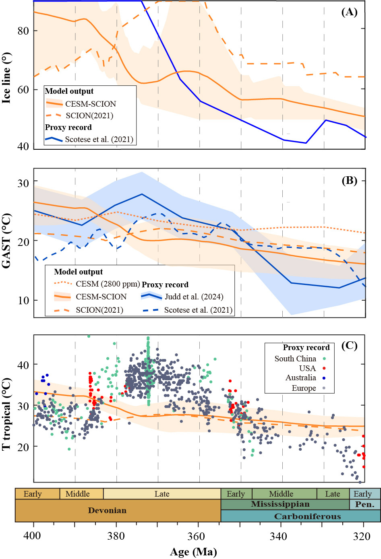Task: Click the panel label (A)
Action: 349,12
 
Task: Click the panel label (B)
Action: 349,180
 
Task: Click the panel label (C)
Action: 349,345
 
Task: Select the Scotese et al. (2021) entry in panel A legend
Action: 99,139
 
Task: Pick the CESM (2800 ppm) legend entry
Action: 108,284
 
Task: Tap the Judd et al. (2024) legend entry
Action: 194,297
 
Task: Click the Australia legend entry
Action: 300,377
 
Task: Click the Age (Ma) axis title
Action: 193,552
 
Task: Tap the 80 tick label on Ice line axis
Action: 23,31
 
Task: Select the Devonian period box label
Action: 107,510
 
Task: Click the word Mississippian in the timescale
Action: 280,504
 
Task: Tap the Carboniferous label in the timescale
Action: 307,516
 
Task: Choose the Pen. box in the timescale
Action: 365,504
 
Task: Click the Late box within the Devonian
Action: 162,494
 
